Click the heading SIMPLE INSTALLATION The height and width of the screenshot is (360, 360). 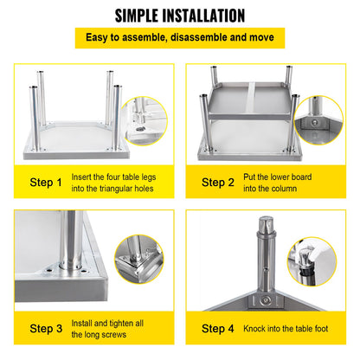(x=179, y=15)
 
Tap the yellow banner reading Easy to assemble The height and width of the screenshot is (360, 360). (x=179, y=38)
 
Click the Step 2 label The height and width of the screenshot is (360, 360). (x=218, y=183)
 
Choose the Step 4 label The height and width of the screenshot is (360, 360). (x=218, y=329)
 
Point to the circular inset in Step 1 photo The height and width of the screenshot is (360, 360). (x=149, y=122)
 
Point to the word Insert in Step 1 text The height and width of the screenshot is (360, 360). (x=82, y=177)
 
